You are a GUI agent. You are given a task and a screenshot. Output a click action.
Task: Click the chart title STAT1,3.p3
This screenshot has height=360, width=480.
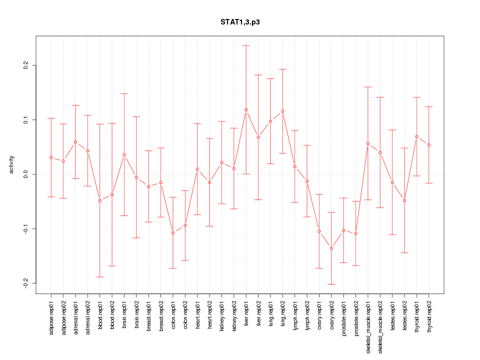[240, 22]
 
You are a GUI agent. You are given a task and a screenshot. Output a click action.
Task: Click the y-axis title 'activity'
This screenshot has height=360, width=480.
[11, 165]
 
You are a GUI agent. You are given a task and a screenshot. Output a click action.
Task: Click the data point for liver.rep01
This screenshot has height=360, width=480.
[246, 109]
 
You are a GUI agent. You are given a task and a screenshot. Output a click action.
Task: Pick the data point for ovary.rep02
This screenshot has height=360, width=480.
[331, 248]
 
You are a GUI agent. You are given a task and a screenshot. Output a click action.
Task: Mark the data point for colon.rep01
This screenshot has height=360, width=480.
[173, 233]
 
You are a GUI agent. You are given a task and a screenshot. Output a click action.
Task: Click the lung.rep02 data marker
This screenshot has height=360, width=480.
[282, 111]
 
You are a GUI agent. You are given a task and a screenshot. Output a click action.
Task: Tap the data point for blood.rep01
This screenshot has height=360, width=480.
[100, 200]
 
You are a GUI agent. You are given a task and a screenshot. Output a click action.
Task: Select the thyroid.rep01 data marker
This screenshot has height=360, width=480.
[416, 136]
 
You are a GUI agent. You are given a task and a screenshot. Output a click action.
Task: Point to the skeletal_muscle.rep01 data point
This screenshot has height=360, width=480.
[368, 143]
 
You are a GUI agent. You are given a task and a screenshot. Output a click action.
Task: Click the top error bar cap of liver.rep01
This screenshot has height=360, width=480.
[246, 45]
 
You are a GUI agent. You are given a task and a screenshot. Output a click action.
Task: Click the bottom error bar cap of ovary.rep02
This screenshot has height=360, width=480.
[331, 284]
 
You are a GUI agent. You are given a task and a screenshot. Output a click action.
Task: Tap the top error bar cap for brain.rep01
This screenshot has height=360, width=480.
[124, 93]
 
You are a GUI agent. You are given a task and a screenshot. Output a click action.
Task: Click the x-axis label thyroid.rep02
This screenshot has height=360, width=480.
[429, 314]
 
